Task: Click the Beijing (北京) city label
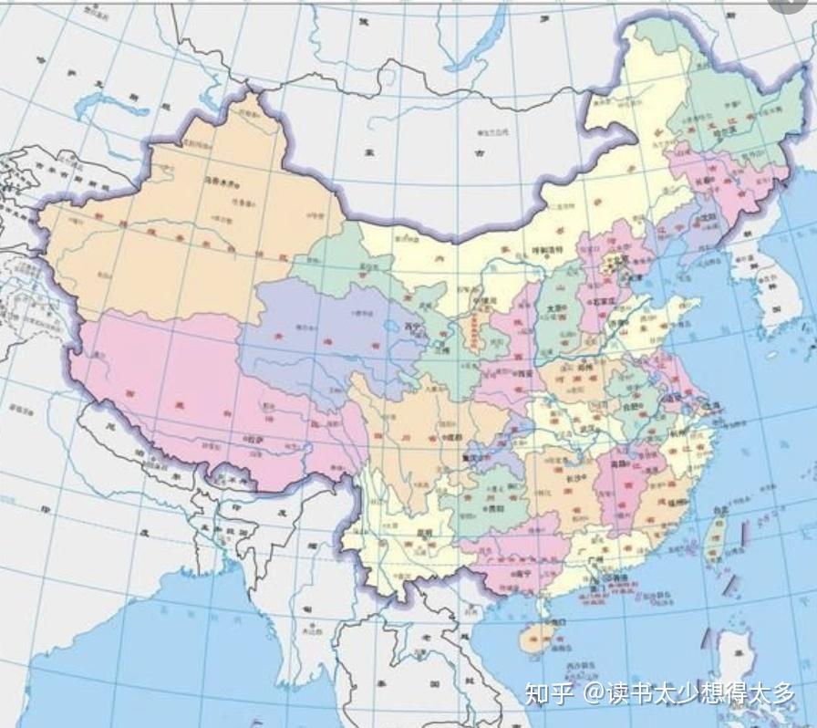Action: pos(624,258)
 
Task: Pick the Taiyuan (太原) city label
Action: pos(553,308)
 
